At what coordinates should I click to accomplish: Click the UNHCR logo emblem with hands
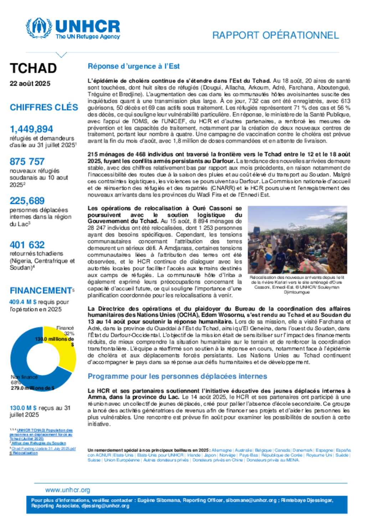(39, 27)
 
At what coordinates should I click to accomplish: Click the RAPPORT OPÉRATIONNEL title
(275, 35)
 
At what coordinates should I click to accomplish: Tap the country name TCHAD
(33, 68)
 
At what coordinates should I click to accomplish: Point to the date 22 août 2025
(30, 84)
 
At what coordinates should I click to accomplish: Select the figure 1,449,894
(31, 129)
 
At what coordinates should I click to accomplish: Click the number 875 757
(27, 162)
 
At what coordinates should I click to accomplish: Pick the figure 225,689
(27, 201)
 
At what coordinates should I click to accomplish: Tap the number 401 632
(27, 245)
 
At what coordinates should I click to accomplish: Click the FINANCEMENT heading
(41, 291)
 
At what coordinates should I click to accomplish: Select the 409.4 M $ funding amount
(23, 302)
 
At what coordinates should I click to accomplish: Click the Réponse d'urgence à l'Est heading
(134, 66)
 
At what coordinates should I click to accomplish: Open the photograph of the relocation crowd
(297, 240)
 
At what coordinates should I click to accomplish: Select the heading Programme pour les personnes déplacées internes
(177, 376)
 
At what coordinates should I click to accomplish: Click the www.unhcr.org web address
(68, 490)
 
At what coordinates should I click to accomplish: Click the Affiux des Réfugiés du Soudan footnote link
(38, 443)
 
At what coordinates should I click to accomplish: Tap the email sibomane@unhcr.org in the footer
(251, 500)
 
